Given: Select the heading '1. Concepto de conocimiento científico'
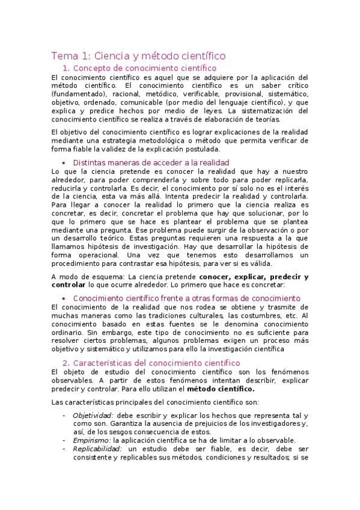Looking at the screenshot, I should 139,69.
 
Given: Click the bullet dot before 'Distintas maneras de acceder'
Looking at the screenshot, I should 64,163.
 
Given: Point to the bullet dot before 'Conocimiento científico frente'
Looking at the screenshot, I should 64,298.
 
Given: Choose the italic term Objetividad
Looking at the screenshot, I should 93,416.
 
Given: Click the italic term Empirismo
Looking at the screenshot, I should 88,440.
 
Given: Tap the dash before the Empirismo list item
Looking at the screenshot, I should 64,440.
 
